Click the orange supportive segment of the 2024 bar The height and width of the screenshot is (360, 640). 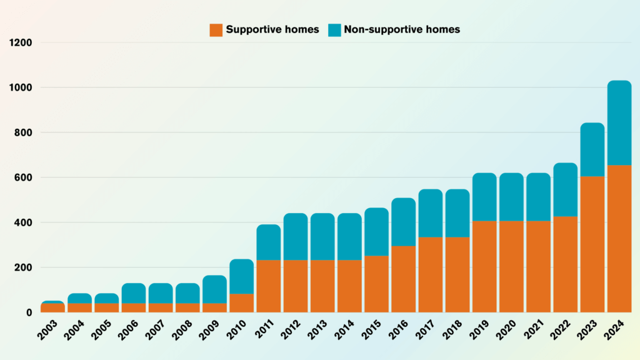point(619,238)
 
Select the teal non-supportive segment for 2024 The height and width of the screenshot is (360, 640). point(619,122)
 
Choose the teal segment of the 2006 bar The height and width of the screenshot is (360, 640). point(134,293)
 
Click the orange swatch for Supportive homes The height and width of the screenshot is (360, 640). point(216,29)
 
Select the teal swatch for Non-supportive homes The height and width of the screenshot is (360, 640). point(335,29)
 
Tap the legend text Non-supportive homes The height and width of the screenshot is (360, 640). point(402,29)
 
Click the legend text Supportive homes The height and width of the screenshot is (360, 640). point(272,29)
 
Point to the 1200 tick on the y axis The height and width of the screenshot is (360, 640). point(21,42)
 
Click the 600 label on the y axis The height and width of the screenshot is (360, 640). point(24,177)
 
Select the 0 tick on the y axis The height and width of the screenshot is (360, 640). point(29,312)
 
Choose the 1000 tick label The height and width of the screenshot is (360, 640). point(21,87)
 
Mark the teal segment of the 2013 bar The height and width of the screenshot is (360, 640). point(322,236)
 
